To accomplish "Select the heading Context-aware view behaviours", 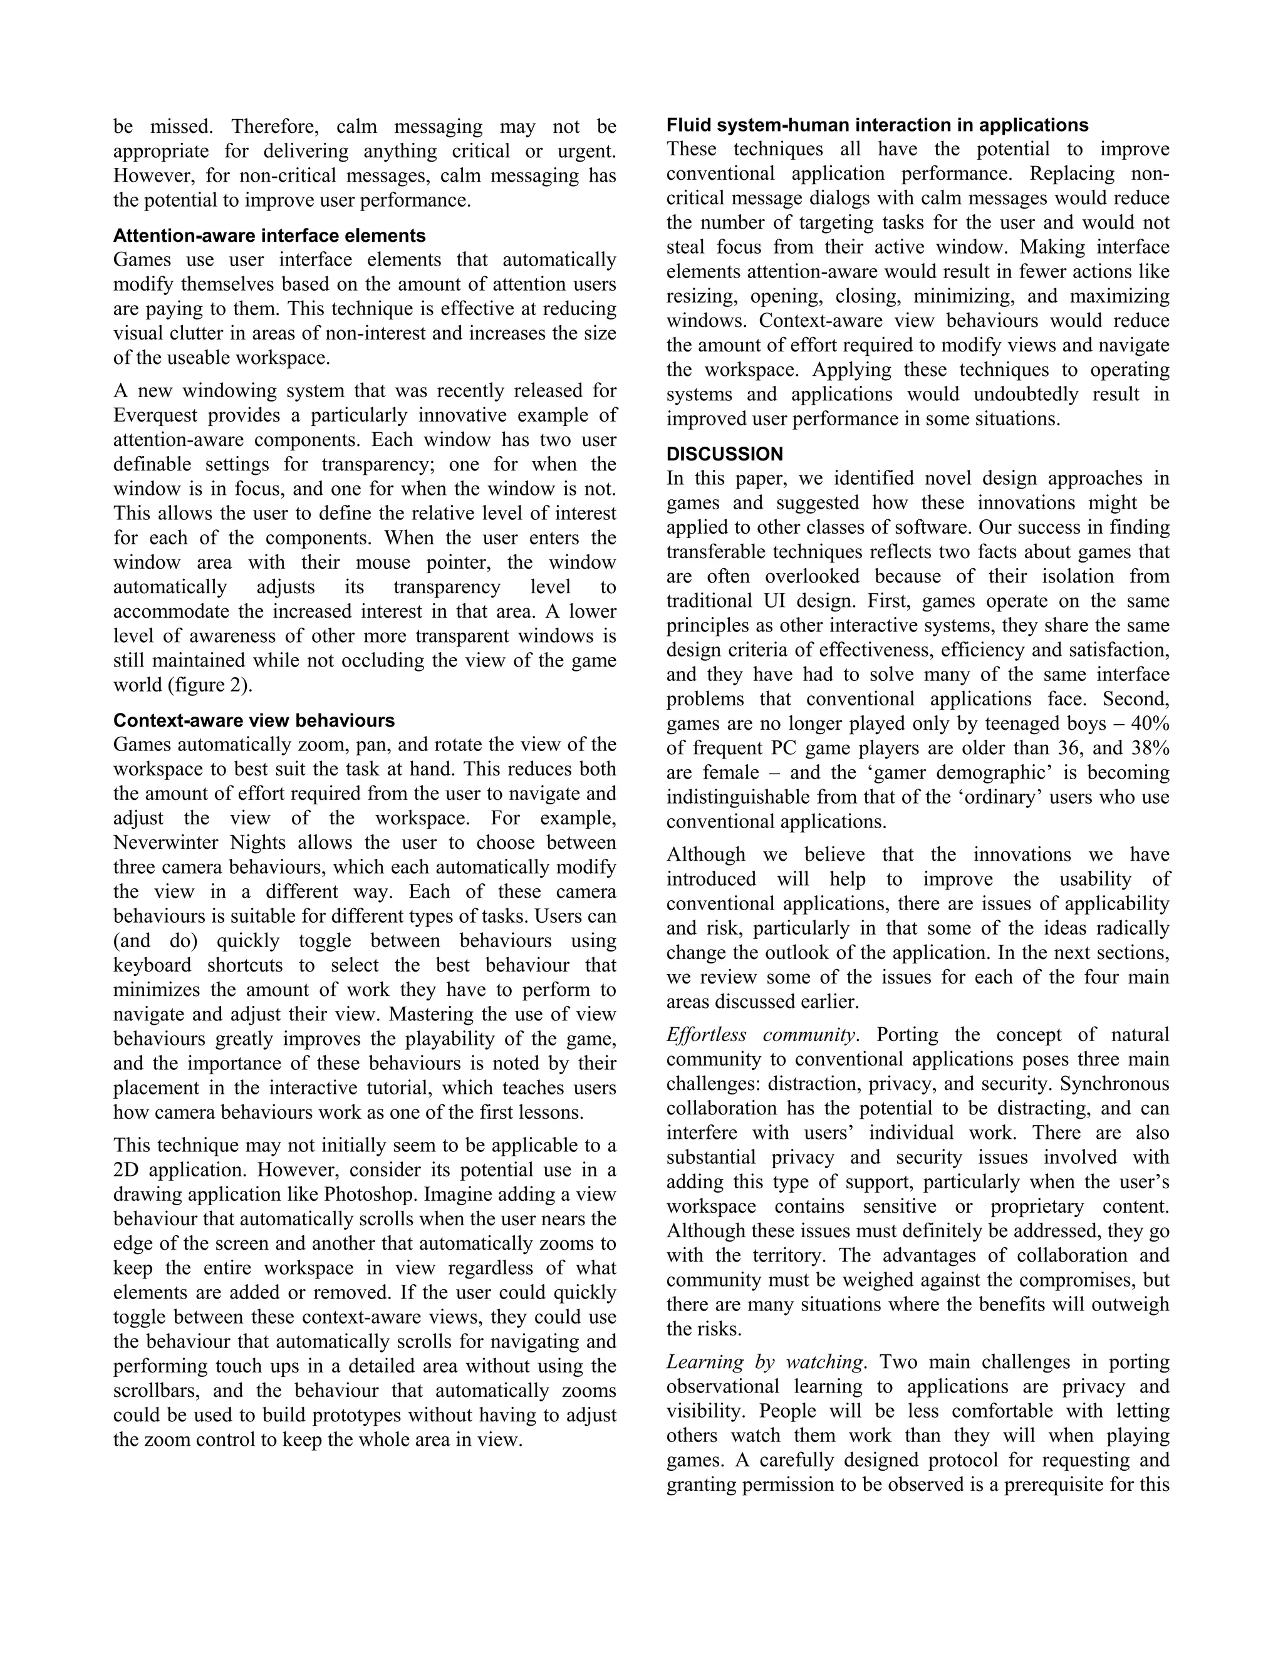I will click(x=254, y=720).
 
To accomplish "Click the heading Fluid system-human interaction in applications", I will click(x=877, y=125).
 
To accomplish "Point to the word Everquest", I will click(x=155, y=416).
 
